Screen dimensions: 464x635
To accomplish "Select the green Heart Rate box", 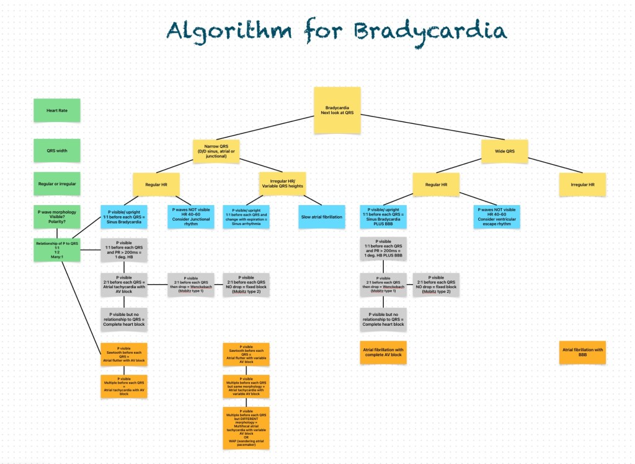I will pos(57,111).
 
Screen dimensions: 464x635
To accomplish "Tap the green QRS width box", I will pos(57,149).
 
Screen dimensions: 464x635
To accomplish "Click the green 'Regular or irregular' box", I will pos(57,183).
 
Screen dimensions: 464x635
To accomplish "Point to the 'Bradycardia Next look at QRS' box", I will pos(337,110).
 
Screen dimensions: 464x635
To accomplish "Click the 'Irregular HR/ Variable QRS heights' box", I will pos(282,184).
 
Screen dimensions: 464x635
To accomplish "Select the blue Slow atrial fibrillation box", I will pos(322,216).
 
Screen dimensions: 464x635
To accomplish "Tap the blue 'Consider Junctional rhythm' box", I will pos(190,216).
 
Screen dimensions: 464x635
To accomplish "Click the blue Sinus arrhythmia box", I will pos(246,216).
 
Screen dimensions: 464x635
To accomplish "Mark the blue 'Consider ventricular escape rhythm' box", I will pos(497,216).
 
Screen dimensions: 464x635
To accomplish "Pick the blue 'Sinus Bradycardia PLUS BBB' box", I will pos(383,216).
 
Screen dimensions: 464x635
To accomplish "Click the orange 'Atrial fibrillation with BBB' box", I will pos(582,353).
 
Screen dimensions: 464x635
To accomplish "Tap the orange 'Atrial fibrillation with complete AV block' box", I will pos(383,353).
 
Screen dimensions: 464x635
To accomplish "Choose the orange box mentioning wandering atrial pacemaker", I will pos(246,427).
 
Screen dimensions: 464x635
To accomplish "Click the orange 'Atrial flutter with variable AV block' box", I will pos(246,354).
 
